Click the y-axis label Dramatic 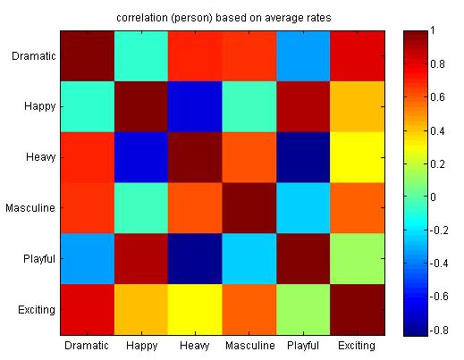35,56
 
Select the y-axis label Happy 40,107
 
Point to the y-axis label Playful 38,260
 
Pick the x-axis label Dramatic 87,345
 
